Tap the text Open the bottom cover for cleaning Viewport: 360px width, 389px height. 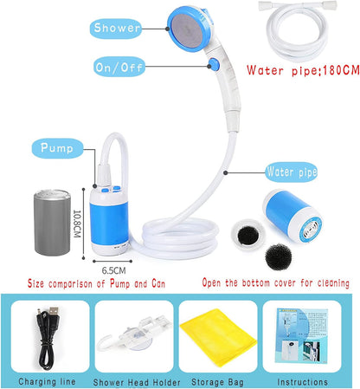pyautogui.click(x=274, y=283)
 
